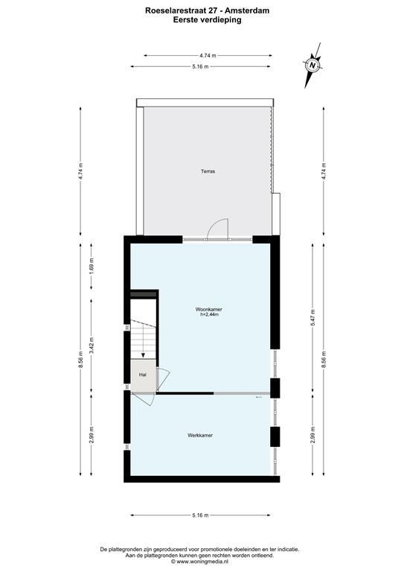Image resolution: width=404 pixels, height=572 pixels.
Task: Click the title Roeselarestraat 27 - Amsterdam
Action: (x=202, y=11)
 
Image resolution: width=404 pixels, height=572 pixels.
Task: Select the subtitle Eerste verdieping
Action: (x=202, y=21)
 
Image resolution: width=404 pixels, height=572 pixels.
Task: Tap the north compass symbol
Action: (x=312, y=65)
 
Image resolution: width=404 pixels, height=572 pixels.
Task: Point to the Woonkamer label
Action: (x=209, y=308)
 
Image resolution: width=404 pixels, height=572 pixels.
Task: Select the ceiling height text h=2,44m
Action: (x=209, y=315)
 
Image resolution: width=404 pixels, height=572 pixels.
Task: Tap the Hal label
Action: (x=142, y=375)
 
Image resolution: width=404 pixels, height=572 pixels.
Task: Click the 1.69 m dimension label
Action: (x=92, y=265)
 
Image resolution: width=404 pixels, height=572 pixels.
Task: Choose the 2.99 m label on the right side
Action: (x=313, y=435)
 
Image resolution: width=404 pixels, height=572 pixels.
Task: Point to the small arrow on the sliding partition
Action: (x=258, y=398)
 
